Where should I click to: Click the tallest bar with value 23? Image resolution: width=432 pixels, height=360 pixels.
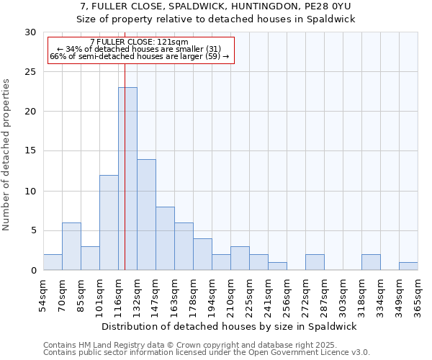(x=127, y=179)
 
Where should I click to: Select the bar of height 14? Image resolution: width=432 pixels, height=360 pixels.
(x=146, y=215)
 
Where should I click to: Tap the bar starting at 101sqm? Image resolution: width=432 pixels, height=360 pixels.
(x=109, y=222)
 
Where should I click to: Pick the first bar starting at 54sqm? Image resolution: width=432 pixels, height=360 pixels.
(x=53, y=262)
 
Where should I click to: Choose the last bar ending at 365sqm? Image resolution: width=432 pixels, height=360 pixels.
(x=408, y=266)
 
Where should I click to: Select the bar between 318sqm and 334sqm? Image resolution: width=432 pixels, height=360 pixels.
(x=371, y=262)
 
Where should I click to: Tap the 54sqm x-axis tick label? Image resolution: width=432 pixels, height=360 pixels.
(x=43, y=294)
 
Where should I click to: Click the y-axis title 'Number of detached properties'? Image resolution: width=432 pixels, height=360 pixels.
(x=7, y=155)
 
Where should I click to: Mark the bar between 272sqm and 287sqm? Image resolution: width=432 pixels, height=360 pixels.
(x=315, y=262)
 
